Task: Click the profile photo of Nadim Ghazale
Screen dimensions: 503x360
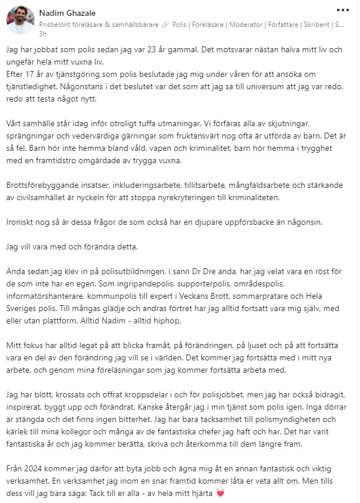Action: (20, 20)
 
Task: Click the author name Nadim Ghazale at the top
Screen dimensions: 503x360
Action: (67, 13)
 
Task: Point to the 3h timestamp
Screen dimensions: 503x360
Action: (43, 33)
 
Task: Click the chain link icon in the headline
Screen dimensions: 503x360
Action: (166, 24)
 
